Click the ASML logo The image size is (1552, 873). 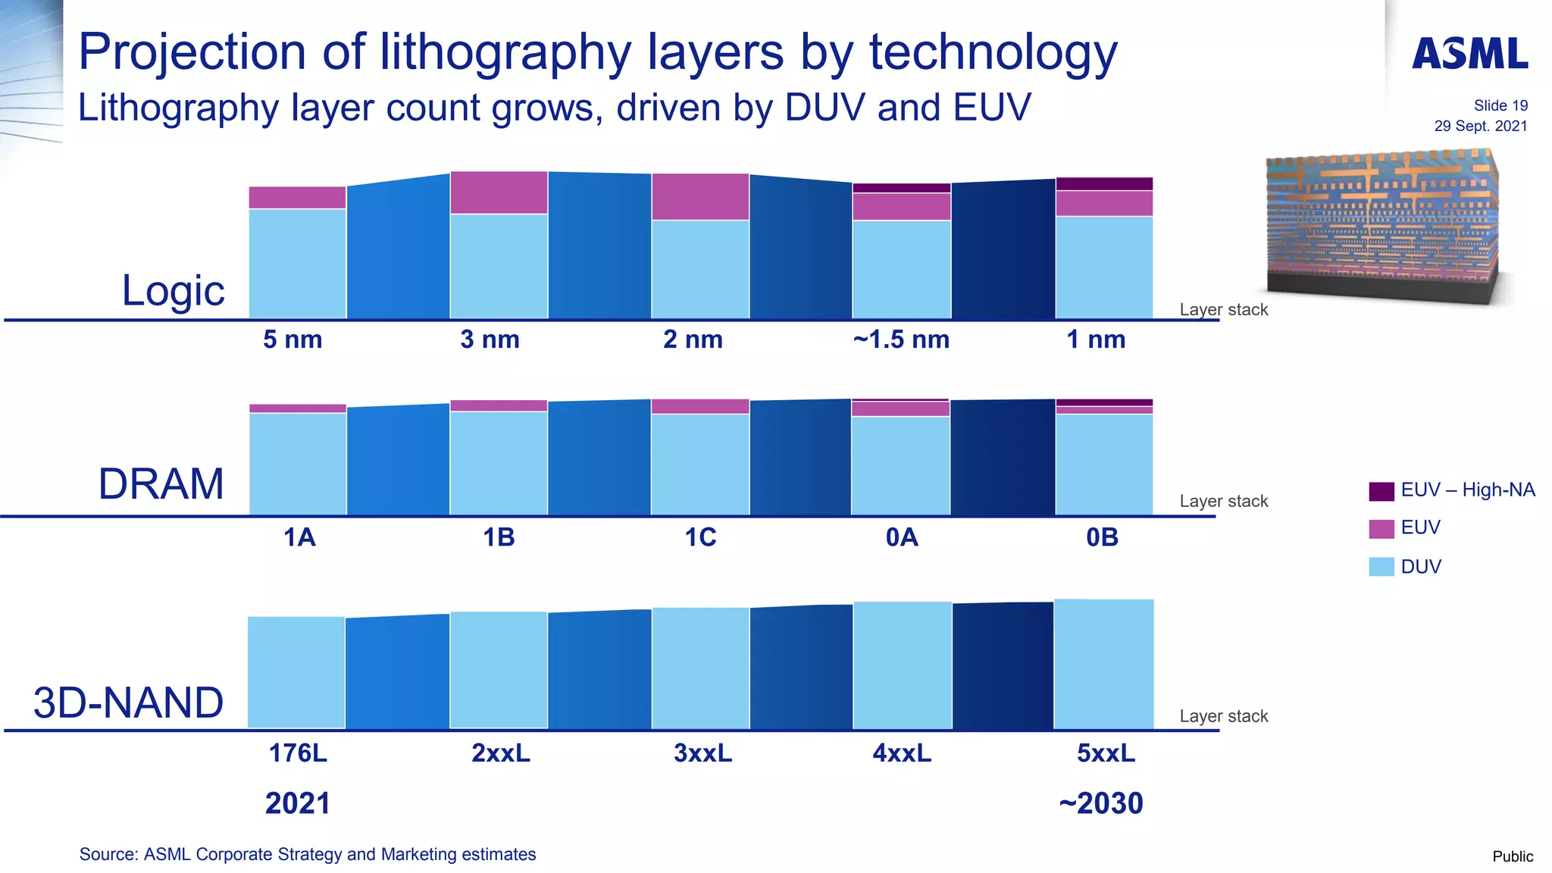click(x=1469, y=54)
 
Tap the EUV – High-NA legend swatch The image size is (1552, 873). click(x=1381, y=491)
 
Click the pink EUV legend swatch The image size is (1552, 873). click(x=1381, y=529)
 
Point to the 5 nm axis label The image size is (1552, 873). click(x=293, y=339)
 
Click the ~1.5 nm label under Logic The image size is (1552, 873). click(x=901, y=339)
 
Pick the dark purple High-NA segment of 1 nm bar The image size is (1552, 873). click(x=1104, y=184)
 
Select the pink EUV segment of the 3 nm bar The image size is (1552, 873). click(x=499, y=192)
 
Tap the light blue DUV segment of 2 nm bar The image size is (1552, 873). click(x=700, y=269)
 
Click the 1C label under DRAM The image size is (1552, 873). click(x=700, y=537)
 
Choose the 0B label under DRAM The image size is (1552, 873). click(x=1102, y=537)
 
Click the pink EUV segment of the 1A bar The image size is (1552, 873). click(x=298, y=408)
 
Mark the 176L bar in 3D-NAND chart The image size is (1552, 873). click(x=296, y=672)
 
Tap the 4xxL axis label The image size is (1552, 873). click(x=902, y=753)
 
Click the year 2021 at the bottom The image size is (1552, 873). click(x=298, y=803)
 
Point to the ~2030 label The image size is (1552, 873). click(x=1101, y=803)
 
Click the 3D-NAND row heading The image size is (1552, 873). click(x=128, y=702)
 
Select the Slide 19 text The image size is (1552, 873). click(x=1500, y=106)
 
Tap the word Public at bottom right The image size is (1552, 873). click(x=1512, y=856)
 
